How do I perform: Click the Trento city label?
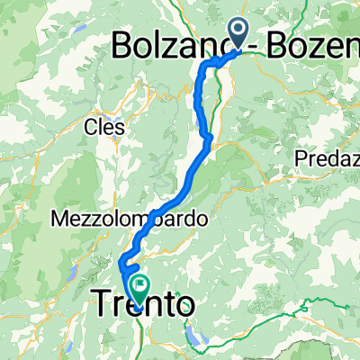(143, 306)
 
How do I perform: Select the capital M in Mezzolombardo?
(59, 219)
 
